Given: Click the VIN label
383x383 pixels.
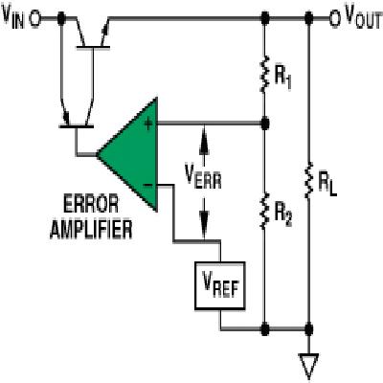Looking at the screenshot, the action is tap(12, 17).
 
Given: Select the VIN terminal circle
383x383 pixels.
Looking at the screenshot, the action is tap(34, 19).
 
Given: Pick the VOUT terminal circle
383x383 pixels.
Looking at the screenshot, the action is tap(335, 19).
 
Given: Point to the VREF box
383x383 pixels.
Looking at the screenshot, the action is tap(220, 285).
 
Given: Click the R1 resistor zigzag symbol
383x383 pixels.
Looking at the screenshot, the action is tap(264, 74).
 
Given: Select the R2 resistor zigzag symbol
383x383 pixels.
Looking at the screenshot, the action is tap(263, 211).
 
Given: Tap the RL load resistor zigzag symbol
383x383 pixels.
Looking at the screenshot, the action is tap(308, 180).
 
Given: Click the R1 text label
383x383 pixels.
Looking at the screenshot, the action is tap(282, 79).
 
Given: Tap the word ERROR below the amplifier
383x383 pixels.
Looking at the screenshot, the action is tap(91, 204).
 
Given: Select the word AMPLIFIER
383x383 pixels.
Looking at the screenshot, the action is tap(91, 229).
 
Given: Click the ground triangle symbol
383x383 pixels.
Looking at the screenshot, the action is tap(308, 366).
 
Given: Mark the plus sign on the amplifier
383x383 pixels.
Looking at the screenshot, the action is tap(148, 124).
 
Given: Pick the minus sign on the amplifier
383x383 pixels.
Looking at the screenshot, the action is tap(148, 186).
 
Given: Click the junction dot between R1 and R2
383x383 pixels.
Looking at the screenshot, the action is tap(264, 124).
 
